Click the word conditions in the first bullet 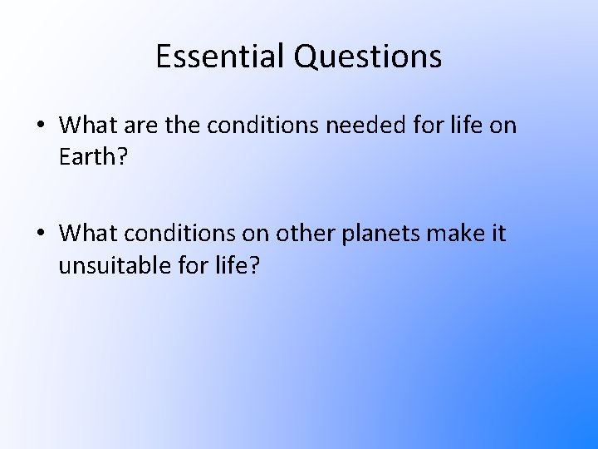pyautogui.click(x=260, y=126)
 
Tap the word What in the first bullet pyautogui.click(x=90, y=126)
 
